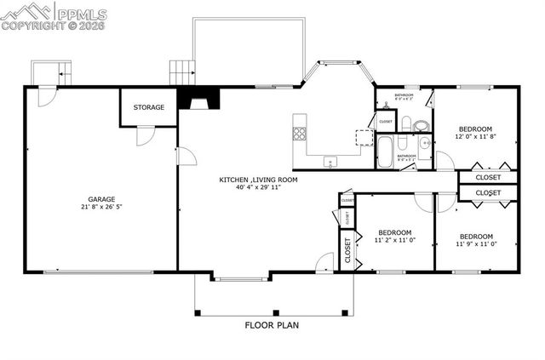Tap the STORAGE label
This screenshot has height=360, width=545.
[x=148, y=107]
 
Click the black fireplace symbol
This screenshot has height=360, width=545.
[x=198, y=101]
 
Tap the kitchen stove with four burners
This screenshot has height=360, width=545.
[x=299, y=133]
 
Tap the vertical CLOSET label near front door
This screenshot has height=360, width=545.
[x=347, y=251]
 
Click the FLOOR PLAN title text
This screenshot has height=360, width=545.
[x=272, y=324]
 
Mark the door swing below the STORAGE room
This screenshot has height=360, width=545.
[x=146, y=134]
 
